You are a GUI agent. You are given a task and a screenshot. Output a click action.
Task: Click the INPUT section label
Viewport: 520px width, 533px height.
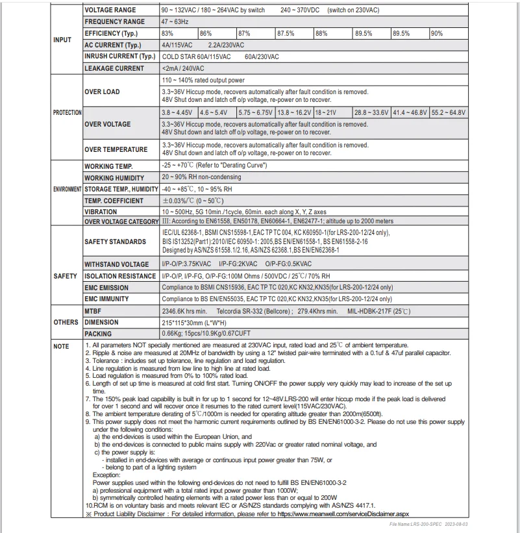tap(62, 40)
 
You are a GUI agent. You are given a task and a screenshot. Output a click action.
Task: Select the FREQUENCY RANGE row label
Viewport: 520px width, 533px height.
tap(114, 22)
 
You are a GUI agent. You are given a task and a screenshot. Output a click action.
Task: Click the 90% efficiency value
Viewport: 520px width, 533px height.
tap(437, 34)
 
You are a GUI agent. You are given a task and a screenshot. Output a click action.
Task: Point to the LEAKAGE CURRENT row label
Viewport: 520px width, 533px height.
tap(114, 68)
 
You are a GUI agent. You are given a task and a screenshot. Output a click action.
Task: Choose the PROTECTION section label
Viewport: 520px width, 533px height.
tap(67, 113)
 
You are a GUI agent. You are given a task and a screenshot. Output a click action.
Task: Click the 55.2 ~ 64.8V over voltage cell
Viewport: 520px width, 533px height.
tap(448, 113)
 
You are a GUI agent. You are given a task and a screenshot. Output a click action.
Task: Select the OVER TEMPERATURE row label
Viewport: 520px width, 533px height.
tap(116, 150)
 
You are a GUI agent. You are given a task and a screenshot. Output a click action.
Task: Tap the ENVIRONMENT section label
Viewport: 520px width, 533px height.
tap(67, 189)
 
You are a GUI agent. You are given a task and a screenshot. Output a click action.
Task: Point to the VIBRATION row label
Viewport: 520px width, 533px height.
tap(101, 212)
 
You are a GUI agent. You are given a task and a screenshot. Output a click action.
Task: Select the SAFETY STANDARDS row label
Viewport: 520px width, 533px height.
tap(115, 242)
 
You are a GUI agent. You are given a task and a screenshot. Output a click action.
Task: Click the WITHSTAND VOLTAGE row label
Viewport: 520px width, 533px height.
tap(117, 264)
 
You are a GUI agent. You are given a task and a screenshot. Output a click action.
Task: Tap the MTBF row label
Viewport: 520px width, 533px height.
tap(93, 312)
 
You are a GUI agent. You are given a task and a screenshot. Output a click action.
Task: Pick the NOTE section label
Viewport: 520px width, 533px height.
tap(62, 347)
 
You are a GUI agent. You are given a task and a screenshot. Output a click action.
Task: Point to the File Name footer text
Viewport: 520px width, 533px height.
tap(428, 524)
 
